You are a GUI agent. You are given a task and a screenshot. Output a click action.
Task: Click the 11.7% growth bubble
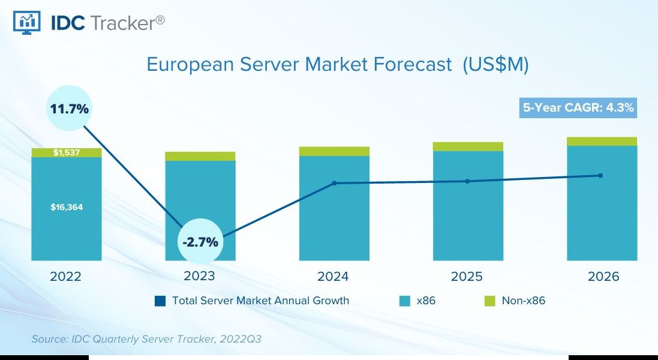(x=70, y=109)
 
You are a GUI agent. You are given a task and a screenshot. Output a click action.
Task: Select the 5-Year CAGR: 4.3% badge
(x=578, y=109)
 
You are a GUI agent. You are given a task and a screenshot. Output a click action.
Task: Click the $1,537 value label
(x=66, y=152)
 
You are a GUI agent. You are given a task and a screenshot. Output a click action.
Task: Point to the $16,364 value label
(x=67, y=207)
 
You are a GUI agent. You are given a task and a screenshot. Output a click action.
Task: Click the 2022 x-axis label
(x=66, y=277)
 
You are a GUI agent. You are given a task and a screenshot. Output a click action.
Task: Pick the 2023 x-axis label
(x=200, y=277)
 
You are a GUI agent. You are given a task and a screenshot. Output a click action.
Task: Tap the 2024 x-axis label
(x=333, y=277)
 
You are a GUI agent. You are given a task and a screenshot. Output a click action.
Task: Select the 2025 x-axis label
(x=467, y=277)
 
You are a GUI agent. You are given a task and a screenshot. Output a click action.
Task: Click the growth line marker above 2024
(x=334, y=183)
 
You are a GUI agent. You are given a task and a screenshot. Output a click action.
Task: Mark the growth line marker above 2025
(x=468, y=181)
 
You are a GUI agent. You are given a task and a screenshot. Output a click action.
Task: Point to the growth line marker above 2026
(x=600, y=175)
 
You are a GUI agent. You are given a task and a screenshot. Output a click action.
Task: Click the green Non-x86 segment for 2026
(x=602, y=142)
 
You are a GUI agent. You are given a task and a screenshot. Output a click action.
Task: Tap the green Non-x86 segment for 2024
(x=334, y=151)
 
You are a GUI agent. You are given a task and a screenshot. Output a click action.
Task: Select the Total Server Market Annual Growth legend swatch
(x=160, y=301)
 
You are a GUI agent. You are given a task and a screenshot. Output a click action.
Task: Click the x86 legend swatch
(x=405, y=301)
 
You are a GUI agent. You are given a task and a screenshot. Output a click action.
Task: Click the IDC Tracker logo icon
(x=26, y=22)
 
